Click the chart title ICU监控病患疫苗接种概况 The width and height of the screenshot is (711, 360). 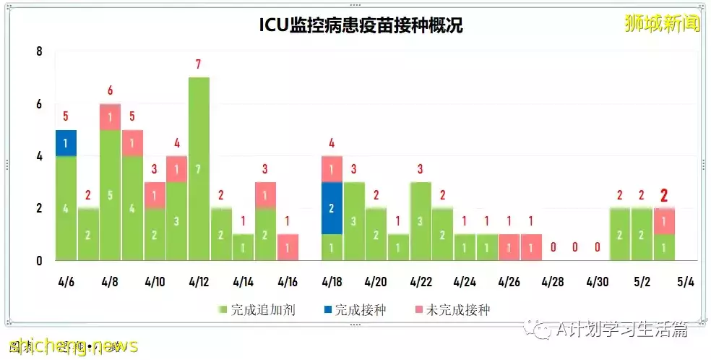[x=361, y=25]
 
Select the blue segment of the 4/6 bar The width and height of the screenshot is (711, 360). [x=66, y=143]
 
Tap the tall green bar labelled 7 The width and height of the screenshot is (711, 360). [x=199, y=168]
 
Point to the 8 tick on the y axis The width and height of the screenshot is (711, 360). [x=40, y=51]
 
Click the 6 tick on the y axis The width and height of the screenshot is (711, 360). [x=40, y=104]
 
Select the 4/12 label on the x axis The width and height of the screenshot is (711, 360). [x=199, y=280]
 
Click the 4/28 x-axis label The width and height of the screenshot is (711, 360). [x=553, y=280]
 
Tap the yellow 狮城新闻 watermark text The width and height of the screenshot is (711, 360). [x=662, y=24]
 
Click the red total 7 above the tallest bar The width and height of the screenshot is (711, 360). [x=198, y=64]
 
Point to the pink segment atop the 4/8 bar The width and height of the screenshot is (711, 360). [x=110, y=117]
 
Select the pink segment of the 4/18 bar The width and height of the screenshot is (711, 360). [x=332, y=169]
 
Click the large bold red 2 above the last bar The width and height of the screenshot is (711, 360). [x=664, y=196]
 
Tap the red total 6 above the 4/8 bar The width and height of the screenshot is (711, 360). [x=110, y=90]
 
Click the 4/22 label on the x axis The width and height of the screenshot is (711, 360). [x=421, y=280]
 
